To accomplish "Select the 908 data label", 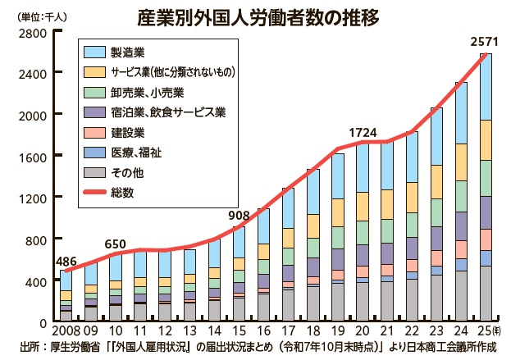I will click(x=238, y=215).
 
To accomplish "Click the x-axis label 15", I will click(x=238, y=332).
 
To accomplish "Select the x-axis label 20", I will click(x=362, y=332).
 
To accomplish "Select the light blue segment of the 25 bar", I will click(x=486, y=86).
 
